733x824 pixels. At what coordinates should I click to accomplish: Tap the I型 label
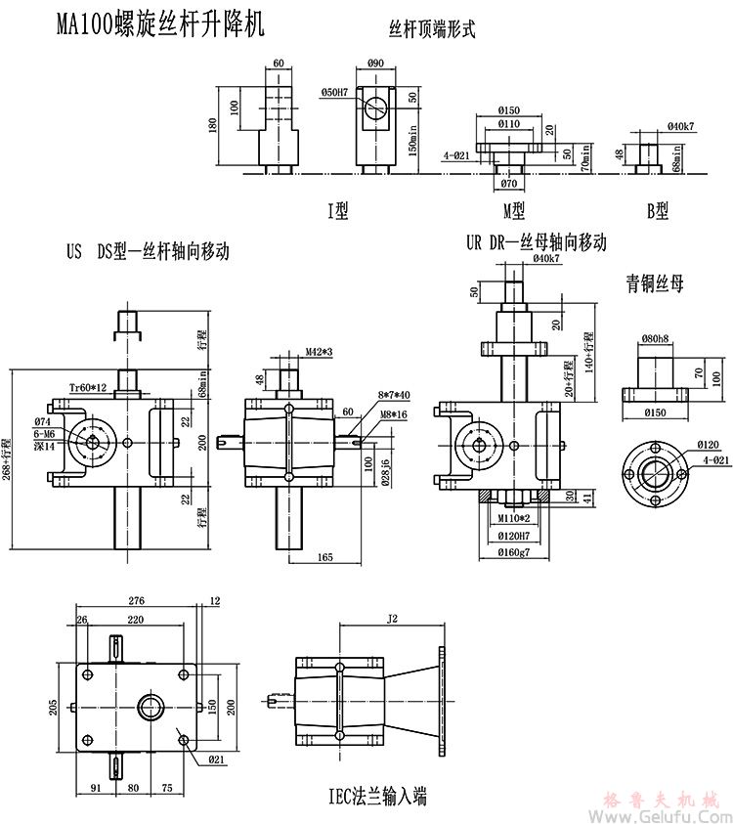tap(337, 208)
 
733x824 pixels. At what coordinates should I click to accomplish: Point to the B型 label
tap(656, 208)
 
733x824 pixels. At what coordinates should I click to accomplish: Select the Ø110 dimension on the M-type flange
tap(508, 124)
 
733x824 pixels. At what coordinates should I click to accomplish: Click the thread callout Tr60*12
tap(89, 388)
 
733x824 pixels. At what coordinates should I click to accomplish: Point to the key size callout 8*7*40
tap(395, 395)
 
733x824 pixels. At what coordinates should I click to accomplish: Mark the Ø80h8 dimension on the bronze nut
tap(655, 339)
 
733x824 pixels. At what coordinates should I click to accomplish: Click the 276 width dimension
tap(137, 599)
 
